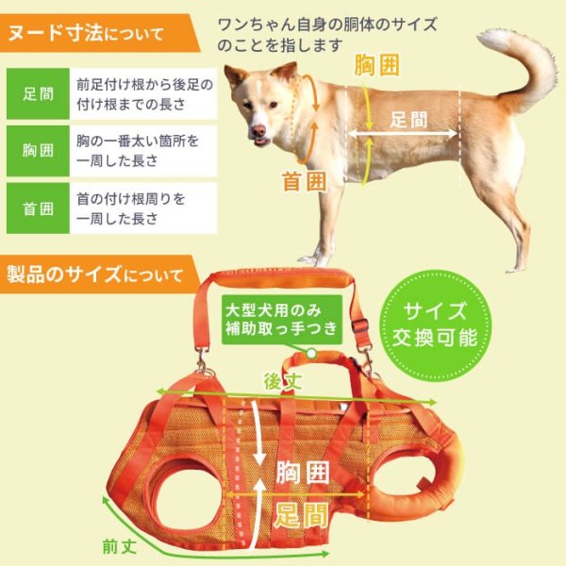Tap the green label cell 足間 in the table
38,93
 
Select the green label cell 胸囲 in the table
38,151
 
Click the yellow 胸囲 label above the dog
375,66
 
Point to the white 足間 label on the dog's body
407,120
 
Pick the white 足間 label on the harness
301,515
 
